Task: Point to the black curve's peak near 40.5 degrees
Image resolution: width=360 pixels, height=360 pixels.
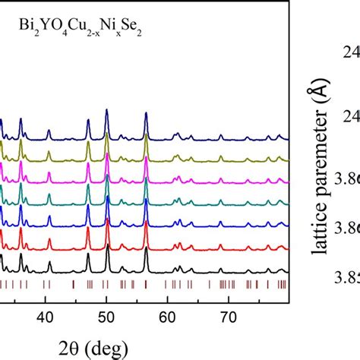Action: (49, 263)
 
